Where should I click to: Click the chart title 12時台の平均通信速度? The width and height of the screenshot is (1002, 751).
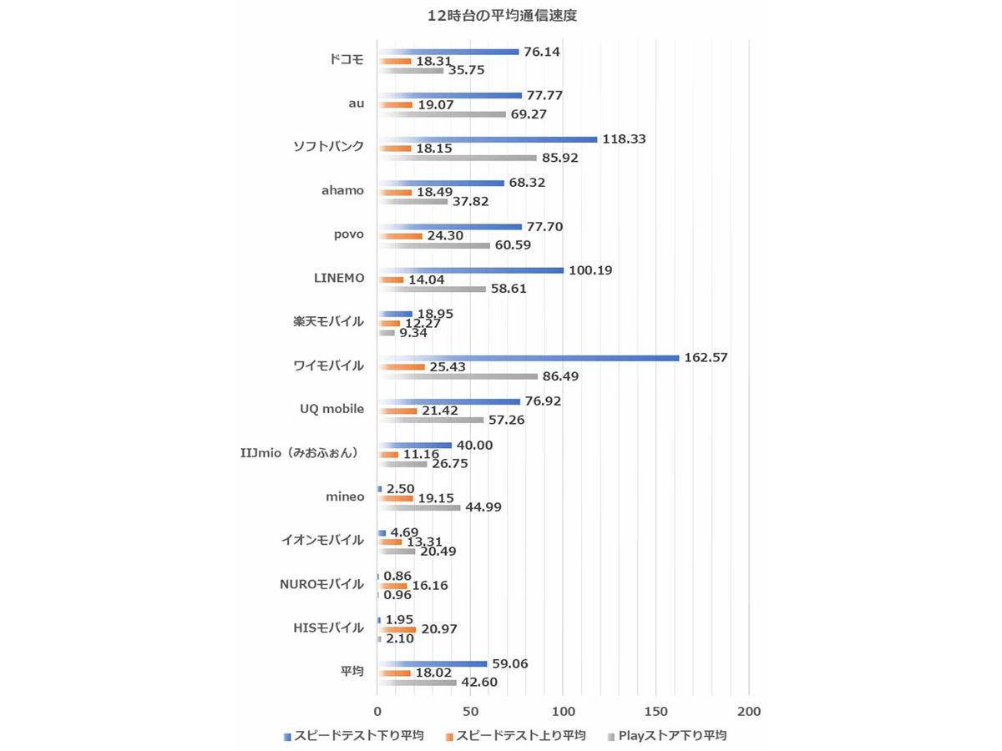501,15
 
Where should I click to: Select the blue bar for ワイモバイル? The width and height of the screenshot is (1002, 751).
528,358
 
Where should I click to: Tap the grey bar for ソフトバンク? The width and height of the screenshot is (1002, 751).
457,157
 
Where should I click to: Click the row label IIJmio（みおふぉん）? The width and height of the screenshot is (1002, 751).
298,452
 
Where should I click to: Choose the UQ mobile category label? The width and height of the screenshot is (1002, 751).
331,409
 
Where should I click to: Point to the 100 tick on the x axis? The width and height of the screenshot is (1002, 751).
563,711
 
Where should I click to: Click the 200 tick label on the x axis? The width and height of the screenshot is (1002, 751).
749,711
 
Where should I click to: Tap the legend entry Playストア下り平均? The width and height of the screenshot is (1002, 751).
673,735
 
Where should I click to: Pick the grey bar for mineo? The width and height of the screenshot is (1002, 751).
418,507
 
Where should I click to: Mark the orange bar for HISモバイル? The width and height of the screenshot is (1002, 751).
397,629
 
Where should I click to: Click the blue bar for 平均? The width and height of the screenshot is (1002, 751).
432,664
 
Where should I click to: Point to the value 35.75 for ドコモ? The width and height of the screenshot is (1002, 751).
467,70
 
